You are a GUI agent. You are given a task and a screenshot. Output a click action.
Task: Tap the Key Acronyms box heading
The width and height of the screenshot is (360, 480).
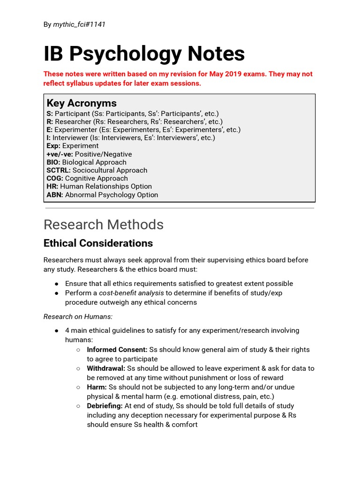coord(82,103)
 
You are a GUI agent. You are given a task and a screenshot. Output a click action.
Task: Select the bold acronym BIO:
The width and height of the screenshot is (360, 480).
coord(53,162)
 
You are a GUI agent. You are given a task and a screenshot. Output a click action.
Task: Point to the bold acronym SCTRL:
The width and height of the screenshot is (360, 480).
coord(59,170)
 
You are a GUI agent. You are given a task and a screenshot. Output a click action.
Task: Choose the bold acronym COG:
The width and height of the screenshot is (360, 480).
coord(55,178)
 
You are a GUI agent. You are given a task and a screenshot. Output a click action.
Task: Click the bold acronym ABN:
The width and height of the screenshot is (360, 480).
coord(55,195)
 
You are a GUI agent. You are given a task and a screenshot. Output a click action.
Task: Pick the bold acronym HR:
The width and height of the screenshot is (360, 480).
coord(52,187)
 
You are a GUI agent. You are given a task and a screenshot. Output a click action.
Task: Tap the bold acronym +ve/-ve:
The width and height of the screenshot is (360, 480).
coord(60,154)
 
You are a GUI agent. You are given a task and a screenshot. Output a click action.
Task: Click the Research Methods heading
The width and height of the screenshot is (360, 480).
coord(104,225)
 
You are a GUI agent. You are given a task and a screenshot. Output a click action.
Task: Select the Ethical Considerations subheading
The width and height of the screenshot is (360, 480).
coord(98,243)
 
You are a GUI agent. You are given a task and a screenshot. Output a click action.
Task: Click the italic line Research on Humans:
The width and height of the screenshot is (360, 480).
coord(78,316)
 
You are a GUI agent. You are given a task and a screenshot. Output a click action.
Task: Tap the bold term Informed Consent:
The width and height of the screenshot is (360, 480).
coord(117,350)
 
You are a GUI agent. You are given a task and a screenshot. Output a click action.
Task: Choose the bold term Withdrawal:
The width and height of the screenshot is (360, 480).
coord(106,368)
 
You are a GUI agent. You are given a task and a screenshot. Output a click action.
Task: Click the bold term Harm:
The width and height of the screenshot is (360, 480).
coord(97,387)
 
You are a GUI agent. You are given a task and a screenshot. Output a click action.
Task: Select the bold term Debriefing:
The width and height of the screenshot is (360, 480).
coord(105,406)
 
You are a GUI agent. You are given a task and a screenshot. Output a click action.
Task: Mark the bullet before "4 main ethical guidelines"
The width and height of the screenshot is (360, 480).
coord(57,330)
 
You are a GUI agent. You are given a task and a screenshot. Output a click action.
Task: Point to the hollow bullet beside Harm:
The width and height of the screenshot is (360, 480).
coord(78,387)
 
